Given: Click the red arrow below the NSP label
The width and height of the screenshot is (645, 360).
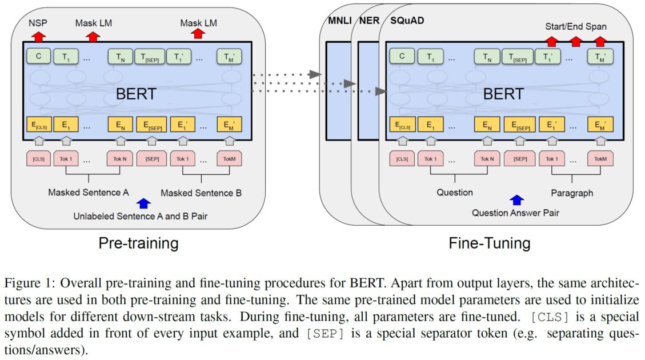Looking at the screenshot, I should (39, 37).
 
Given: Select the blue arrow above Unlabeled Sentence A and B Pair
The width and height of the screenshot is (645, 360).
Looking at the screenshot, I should (143, 202).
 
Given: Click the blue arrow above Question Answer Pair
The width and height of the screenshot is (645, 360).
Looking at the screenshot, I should (516, 199).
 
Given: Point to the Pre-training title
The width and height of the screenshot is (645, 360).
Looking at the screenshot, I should (138, 243).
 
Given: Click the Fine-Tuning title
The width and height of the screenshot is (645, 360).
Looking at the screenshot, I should (489, 243).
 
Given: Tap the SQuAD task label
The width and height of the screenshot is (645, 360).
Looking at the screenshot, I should (406, 21).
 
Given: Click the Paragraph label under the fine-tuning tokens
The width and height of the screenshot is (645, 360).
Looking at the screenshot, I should (572, 193).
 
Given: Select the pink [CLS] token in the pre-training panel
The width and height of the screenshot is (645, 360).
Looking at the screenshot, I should (39, 158).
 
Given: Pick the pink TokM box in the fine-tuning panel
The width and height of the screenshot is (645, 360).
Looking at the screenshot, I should (599, 158).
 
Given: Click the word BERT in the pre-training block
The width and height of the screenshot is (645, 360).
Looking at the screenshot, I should (135, 94).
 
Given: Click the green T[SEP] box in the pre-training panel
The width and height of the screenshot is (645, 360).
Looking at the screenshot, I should (150, 56).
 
